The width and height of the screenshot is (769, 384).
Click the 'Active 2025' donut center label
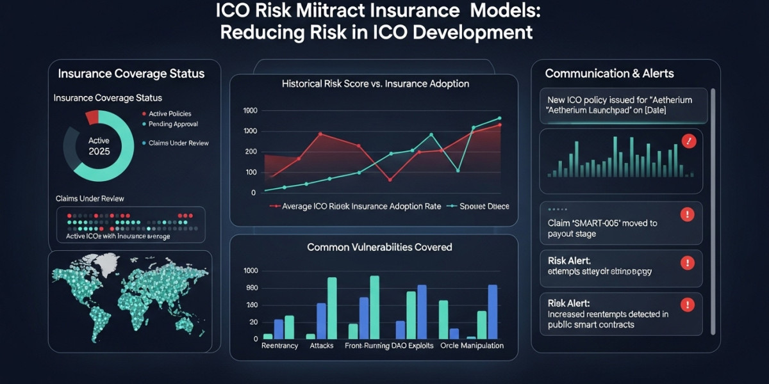point(99,146)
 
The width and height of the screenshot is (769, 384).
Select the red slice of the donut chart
point(92,117)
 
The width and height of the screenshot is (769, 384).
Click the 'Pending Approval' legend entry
point(172,124)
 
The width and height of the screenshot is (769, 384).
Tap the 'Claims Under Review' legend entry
point(178,143)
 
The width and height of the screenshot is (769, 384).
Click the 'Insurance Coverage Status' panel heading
point(131,74)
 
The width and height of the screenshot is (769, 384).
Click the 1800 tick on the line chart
point(249,111)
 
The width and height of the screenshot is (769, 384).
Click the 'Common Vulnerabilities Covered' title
point(379,247)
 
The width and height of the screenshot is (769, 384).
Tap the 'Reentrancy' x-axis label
point(281,346)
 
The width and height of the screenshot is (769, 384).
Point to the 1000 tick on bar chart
point(251,271)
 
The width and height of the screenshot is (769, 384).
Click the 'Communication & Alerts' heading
point(609,74)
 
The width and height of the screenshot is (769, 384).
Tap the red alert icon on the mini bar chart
point(689,141)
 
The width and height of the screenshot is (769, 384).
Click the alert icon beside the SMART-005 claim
point(687,215)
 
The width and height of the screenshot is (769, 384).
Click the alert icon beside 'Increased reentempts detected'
point(687,305)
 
